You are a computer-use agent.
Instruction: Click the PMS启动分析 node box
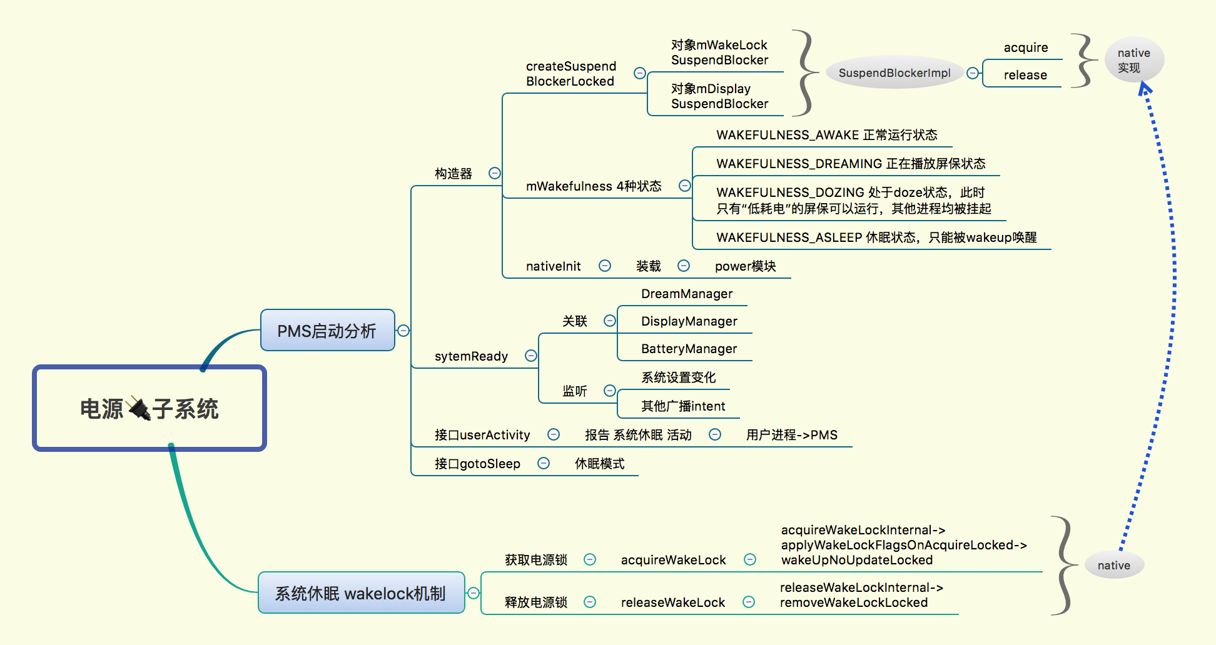(x=327, y=331)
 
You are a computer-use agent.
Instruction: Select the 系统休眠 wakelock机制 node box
(x=361, y=592)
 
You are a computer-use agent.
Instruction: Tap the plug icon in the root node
(x=138, y=409)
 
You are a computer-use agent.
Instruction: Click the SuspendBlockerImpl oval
(x=894, y=73)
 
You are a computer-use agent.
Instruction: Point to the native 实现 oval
(x=1133, y=60)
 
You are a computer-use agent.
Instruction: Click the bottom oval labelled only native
(x=1114, y=565)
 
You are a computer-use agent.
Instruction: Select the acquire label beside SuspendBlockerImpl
(x=1025, y=47)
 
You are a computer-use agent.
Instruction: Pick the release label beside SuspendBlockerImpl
(x=1025, y=75)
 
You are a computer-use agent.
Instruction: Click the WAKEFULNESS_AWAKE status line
(x=826, y=135)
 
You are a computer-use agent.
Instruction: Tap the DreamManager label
(x=687, y=294)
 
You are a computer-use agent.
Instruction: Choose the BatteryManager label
(x=689, y=349)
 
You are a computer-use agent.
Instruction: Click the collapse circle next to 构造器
(x=494, y=173)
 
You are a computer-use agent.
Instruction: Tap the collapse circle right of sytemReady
(x=530, y=356)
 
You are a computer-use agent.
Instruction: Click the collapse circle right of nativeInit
(x=604, y=266)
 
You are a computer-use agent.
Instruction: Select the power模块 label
(x=745, y=266)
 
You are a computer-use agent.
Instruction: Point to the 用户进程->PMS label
(x=791, y=435)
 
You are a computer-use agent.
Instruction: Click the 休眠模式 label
(x=599, y=464)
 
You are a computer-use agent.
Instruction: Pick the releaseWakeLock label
(x=672, y=602)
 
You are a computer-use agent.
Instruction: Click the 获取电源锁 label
(x=535, y=560)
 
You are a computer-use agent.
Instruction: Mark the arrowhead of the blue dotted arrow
(x=1144, y=89)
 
